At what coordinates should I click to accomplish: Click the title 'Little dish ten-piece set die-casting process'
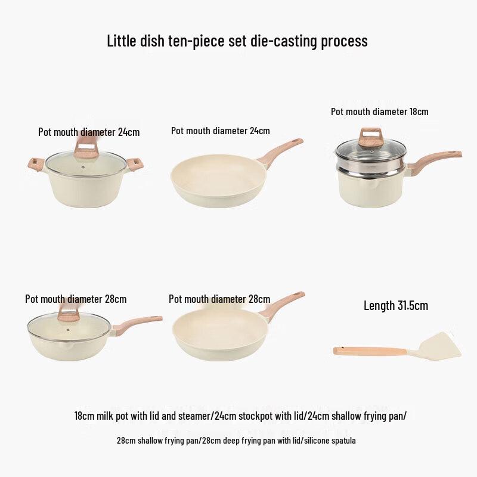[x=237, y=41]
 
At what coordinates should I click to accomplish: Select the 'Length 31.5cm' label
[x=396, y=306]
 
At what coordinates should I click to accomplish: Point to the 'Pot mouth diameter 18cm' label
[x=380, y=111]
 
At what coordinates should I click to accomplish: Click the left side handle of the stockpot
[x=33, y=163]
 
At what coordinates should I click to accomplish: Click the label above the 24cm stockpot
[x=89, y=132]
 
